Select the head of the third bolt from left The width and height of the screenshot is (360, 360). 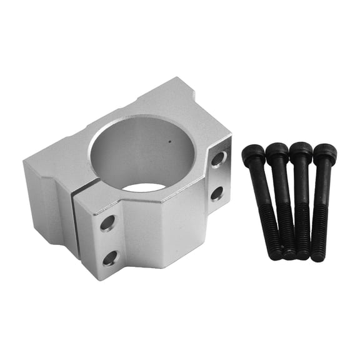(x=301, y=152)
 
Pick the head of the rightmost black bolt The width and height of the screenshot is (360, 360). (x=324, y=153)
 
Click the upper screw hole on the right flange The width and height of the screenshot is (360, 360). (x=217, y=159)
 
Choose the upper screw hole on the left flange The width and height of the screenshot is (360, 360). (x=107, y=222)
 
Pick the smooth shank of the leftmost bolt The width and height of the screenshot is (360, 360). (x=262, y=194)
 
